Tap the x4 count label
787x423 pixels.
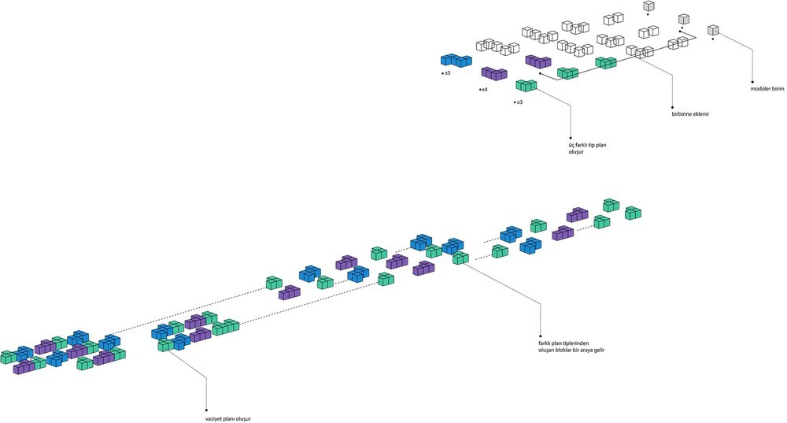coord(484,90)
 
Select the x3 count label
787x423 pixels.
coord(519,102)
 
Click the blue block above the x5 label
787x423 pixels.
coord(456,60)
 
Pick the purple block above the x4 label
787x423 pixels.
coord(494,73)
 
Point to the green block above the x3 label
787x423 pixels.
coord(526,85)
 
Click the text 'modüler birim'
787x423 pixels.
coord(767,89)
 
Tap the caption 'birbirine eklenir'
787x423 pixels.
coord(690,114)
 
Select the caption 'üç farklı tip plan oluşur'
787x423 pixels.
coord(587,148)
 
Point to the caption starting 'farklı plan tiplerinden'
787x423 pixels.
coord(571,347)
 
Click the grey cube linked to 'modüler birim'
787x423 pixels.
coord(713,30)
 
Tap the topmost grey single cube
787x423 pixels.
coord(649,6)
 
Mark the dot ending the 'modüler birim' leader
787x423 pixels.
coord(752,82)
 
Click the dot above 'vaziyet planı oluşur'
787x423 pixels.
coord(207,410)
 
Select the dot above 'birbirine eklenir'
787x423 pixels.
coord(673,107)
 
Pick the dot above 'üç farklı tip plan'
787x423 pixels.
coord(571,137)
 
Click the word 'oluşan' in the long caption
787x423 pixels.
coord(547,350)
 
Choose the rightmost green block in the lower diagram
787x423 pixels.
coord(634,213)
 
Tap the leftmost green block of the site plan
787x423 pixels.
coord(9,357)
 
